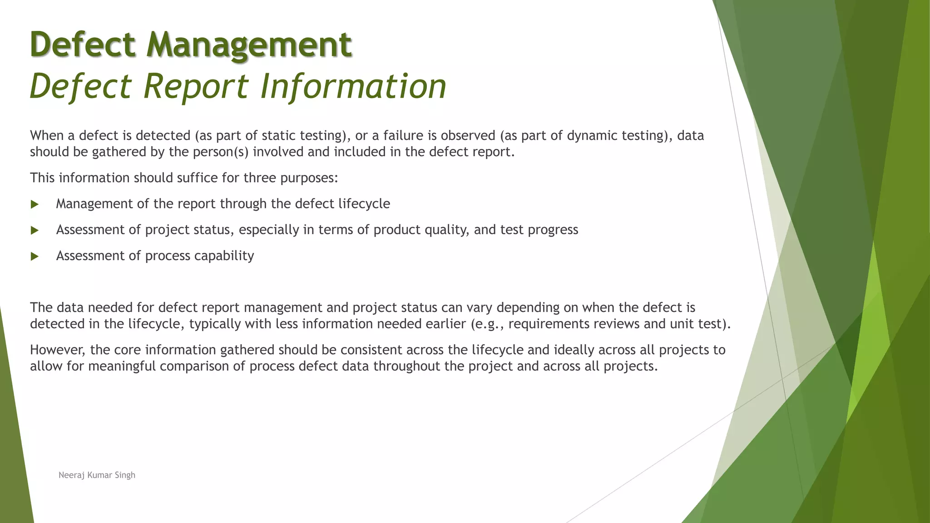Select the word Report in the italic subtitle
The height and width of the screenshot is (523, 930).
pyautogui.click(x=196, y=86)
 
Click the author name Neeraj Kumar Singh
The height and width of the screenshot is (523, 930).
pyautogui.click(x=97, y=475)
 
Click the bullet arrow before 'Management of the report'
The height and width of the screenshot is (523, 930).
pyautogui.click(x=35, y=204)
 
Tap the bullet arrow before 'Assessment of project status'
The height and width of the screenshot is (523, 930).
pyautogui.click(x=35, y=230)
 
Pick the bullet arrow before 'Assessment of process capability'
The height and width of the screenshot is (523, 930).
pyautogui.click(x=35, y=257)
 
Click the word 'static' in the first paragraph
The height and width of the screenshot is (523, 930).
pyautogui.click(x=277, y=135)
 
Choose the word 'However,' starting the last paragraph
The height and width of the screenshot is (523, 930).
pyautogui.click(x=58, y=350)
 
